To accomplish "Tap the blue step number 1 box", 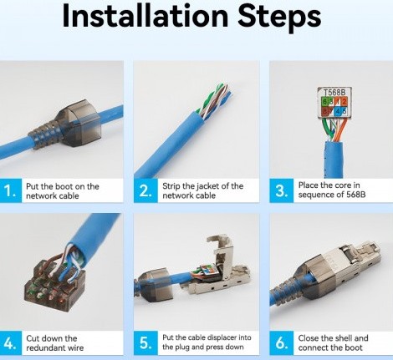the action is (x=11, y=190).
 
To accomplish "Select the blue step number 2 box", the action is (x=145, y=190).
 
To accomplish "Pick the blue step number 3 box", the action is (x=281, y=190).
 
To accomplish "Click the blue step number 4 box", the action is (x=11, y=343).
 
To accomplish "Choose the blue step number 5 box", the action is (x=145, y=343).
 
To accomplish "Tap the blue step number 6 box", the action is (x=281, y=343).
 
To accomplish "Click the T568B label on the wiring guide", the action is (x=334, y=92).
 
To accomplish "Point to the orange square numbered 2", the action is (x=344, y=101).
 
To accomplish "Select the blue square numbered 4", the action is (x=338, y=111).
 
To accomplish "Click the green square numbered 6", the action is (x=324, y=101).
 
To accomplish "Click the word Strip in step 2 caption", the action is (x=171, y=186).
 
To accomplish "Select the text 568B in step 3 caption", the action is (x=355, y=195).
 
